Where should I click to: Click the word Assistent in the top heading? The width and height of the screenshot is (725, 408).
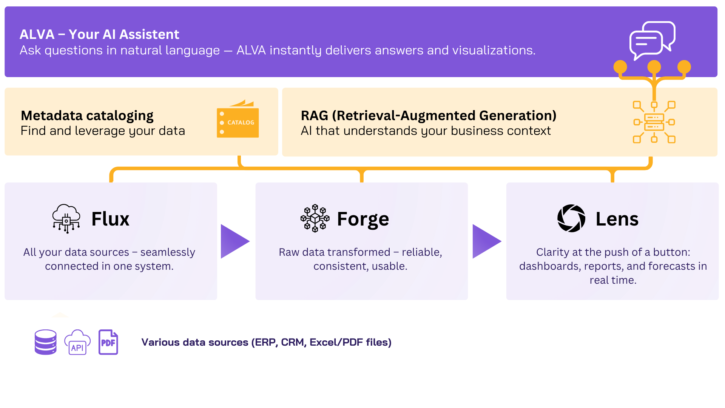(150, 34)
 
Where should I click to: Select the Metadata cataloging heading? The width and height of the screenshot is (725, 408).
(87, 116)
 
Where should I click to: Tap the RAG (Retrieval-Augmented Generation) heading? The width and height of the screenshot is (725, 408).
(429, 116)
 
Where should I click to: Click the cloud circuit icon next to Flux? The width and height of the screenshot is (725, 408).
(66, 219)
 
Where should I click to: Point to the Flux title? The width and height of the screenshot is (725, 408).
(110, 219)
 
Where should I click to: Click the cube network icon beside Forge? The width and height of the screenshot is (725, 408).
(315, 219)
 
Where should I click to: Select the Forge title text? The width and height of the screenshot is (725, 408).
(363, 219)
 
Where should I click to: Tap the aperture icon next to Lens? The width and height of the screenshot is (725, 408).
(571, 218)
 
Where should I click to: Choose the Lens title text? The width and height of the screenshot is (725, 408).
(617, 219)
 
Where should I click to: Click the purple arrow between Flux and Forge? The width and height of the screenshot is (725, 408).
(233, 241)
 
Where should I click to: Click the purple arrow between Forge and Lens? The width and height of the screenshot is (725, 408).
(485, 241)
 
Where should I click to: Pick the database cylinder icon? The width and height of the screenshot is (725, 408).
(46, 342)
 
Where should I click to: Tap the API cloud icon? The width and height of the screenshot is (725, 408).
(77, 342)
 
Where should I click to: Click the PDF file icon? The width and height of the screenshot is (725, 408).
(108, 342)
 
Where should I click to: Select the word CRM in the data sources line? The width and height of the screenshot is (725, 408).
(293, 342)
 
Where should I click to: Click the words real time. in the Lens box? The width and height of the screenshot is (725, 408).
(613, 280)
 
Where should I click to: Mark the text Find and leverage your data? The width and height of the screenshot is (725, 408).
(103, 131)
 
